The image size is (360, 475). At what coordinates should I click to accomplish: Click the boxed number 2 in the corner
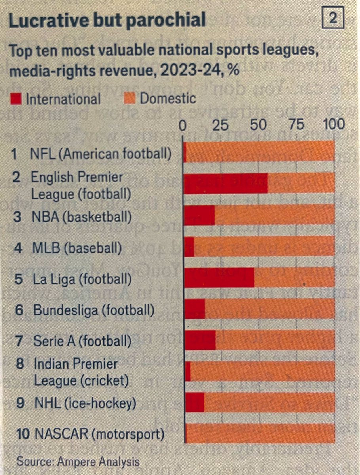(334, 19)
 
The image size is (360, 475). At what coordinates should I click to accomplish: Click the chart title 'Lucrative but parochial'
(107, 20)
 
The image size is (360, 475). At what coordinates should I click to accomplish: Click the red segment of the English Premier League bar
(226, 183)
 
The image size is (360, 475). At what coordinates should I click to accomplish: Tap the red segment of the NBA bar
(200, 215)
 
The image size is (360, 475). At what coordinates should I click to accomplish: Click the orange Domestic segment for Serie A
(275, 340)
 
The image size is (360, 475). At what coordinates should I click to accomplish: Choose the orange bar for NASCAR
(260, 433)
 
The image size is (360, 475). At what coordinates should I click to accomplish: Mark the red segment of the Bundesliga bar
(194, 308)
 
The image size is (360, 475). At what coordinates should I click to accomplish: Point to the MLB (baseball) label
(76, 249)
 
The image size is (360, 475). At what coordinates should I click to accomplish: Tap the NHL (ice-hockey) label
(85, 403)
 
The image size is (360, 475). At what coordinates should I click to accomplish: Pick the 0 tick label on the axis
(183, 125)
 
